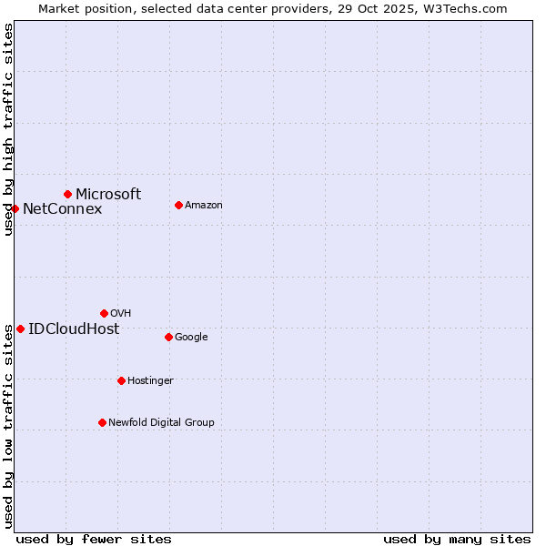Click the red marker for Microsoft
click(67, 194)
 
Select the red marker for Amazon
click(178, 205)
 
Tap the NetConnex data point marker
click(15, 208)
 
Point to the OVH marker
click(104, 313)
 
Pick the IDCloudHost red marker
click(20, 329)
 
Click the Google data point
click(168, 337)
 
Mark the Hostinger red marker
click(121, 380)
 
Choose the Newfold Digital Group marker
click(102, 422)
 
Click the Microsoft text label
click(108, 194)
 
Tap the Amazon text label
click(204, 205)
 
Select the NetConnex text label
click(62, 209)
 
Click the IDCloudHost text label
click(74, 329)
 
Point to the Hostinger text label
click(150, 380)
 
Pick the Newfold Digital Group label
click(161, 422)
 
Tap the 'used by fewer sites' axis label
click(94, 539)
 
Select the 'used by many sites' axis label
click(457, 539)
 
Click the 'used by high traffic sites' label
click(8, 129)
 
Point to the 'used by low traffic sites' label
click(8, 426)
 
